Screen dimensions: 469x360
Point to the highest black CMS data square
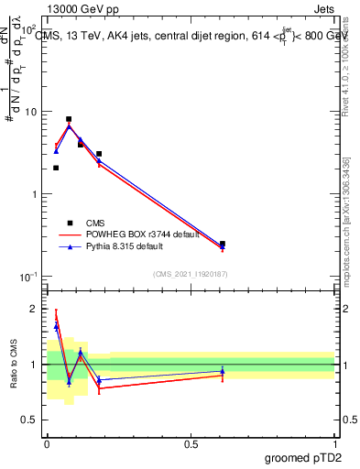(69, 119)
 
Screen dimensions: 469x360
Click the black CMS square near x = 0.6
(223, 245)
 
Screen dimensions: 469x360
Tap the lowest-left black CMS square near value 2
(56, 168)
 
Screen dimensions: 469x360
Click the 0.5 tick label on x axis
(191, 443)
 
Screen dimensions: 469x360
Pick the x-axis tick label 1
(334, 443)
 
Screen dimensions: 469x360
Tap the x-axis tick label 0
(47, 443)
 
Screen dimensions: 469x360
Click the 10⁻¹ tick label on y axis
(28, 277)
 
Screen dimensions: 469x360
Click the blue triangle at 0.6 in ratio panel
(223, 371)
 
